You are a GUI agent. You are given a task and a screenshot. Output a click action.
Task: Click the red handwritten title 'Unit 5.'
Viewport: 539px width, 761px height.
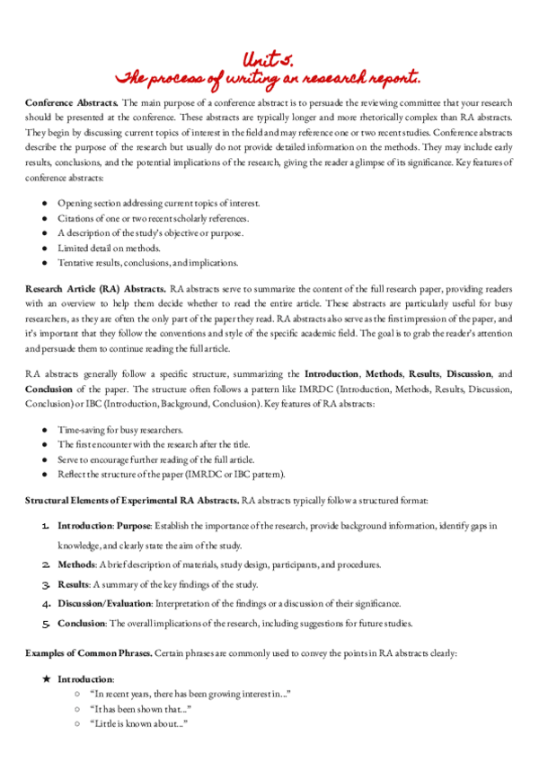pyautogui.click(x=268, y=58)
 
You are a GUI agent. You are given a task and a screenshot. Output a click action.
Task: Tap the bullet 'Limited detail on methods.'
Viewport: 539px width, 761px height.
pyautogui.click(x=109, y=248)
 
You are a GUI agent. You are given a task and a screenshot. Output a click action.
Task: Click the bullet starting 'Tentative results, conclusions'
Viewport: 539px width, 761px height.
pyautogui.click(x=147, y=262)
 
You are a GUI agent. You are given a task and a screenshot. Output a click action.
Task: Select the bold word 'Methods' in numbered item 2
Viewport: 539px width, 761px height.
pyautogui.click(x=76, y=564)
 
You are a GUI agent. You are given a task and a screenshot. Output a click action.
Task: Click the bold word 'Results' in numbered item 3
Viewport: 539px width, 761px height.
pyautogui.click(x=75, y=584)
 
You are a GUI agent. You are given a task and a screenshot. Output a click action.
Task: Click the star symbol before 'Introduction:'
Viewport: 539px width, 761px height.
pyautogui.click(x=46, y=679)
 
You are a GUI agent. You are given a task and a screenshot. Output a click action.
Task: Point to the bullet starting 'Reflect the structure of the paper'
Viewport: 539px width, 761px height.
pyautogui.click(x=171, y=473)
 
